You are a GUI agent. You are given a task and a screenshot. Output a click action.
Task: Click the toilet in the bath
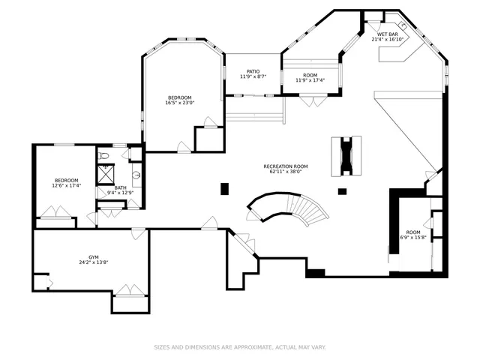[104, 156]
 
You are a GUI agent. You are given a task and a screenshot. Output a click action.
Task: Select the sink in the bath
[136, 175]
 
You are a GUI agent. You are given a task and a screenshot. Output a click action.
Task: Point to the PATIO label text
[253, 71]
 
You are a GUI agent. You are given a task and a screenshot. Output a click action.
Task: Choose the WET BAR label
[388, 34]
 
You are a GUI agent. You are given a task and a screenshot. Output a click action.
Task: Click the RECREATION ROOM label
[285, 166]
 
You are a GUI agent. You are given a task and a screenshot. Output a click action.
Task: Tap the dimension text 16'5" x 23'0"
[180, 103]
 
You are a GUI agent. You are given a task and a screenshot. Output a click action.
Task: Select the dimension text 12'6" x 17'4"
[66, 185]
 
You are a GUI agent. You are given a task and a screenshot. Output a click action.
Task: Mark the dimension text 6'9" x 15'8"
[413, 238]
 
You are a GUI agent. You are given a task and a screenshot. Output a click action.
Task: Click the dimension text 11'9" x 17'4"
[310, 80]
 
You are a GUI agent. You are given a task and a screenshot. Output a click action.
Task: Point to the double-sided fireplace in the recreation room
[346, 155]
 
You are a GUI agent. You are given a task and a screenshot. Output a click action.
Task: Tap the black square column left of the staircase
[224, 189]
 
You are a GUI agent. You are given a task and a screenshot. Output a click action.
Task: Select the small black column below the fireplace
[342, 191]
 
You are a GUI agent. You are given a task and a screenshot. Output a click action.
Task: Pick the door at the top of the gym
[138, 234]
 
